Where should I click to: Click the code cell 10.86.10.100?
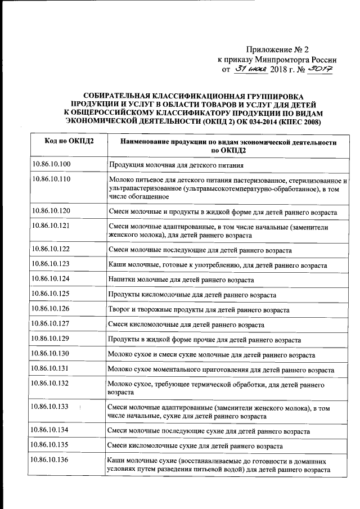click(x=51, y=164)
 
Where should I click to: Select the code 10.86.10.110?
click(x=51, y=180)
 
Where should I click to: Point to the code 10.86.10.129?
click(x=51, y=340)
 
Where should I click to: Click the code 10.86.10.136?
click(x=51, y=461)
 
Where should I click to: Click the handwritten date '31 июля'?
click(x=250, y=70)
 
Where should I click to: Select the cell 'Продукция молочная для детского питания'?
click(x=176, y=165)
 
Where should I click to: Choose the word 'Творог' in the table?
click(x=119, y=310)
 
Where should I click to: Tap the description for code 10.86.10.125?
click(x=192, y=295)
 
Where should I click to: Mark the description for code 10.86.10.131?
click(x=220, y=370)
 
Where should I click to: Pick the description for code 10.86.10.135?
click(x=195, y=446)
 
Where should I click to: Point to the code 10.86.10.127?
click(x=51, y=325)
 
